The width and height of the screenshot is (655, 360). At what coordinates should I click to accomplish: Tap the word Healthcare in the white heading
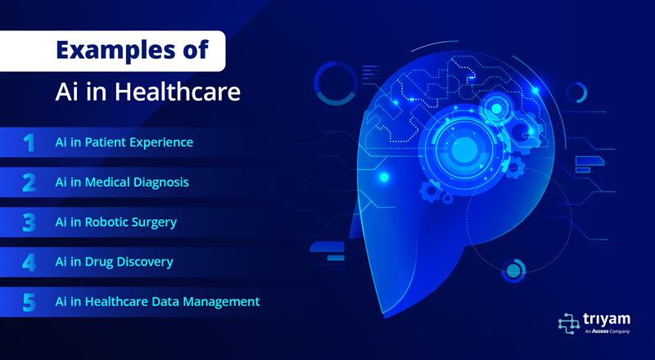178,92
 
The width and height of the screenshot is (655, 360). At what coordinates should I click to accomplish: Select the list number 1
29,143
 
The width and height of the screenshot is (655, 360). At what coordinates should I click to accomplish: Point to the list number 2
29,183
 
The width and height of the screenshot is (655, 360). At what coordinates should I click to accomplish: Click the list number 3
29,223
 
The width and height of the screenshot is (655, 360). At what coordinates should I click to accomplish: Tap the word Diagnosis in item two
160,182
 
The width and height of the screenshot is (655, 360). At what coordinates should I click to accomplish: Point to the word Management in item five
223,302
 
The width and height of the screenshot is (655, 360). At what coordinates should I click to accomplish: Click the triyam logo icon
569,323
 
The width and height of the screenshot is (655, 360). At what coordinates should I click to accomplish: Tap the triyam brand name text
607,319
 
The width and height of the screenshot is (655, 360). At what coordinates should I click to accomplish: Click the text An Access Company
607,331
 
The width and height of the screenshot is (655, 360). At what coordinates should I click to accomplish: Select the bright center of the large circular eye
464,147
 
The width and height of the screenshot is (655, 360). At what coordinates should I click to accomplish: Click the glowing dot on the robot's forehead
384,177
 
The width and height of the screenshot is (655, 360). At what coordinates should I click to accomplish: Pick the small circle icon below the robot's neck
514,272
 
